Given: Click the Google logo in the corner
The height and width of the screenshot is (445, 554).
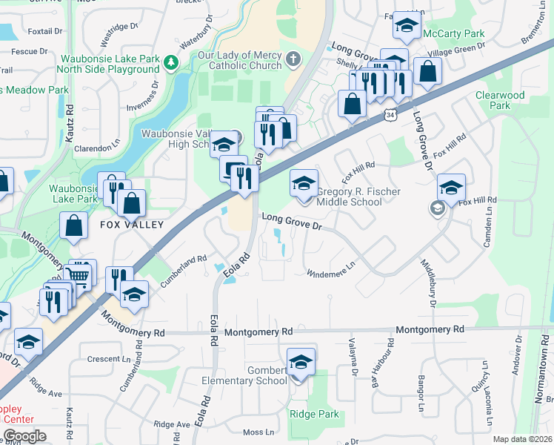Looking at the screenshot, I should pyautogui.click(x=24, y=435).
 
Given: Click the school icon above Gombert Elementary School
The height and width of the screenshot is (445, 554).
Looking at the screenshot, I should pyautogui.click(x=301, y=362).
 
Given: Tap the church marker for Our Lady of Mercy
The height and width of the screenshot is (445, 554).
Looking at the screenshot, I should pyautogui.click(x=294, y=59).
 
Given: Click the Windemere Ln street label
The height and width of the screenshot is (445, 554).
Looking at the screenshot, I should pyautogui.click(x=332, y=268).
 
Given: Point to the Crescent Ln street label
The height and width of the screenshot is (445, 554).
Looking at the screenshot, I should pyautogui.click(x=109, y=358).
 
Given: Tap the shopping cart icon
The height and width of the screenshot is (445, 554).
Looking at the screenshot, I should pyautogui.click(x=81, y=276).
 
